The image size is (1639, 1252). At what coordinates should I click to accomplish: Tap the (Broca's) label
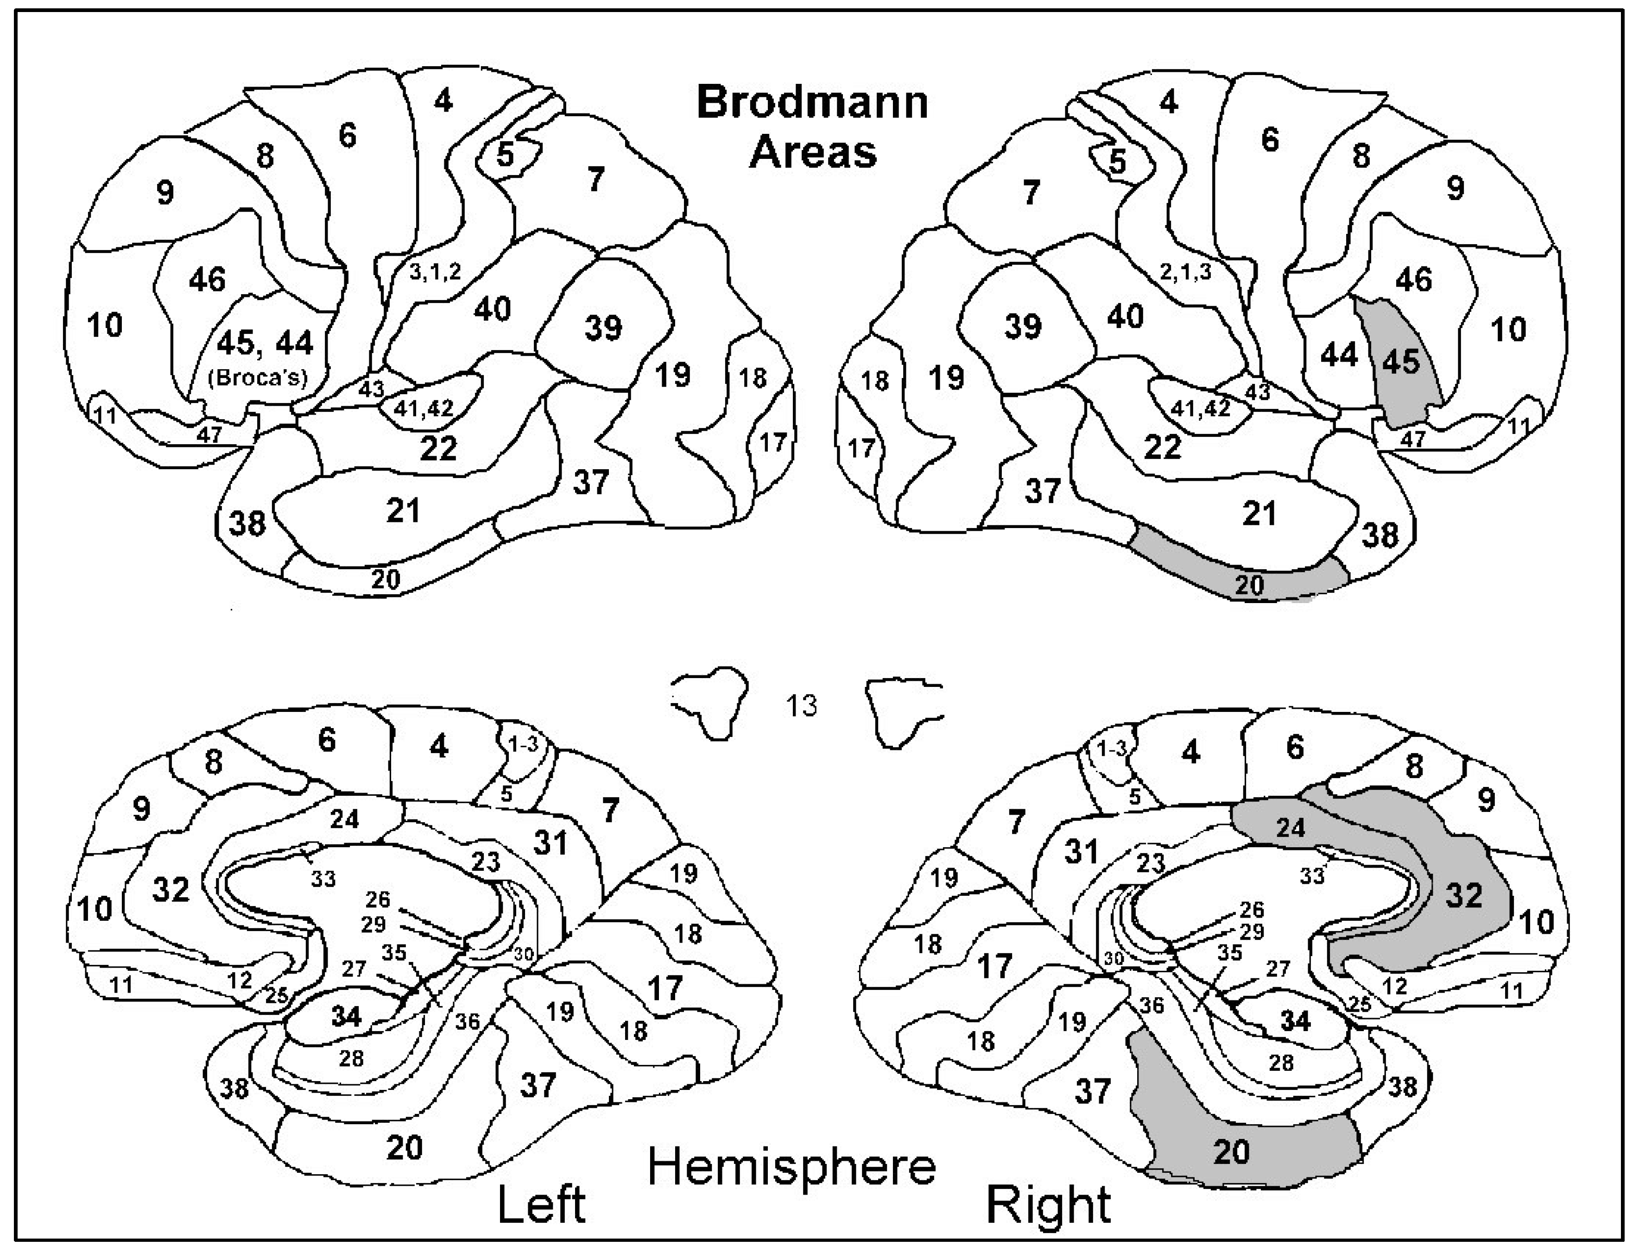(258, 378)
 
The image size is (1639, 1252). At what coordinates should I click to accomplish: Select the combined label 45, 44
(266, 343)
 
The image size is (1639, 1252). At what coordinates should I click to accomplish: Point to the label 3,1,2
(435, 272)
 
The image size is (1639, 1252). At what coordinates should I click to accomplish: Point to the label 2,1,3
(1185, 272)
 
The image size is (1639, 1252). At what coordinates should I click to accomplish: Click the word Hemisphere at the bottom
(791, 1167)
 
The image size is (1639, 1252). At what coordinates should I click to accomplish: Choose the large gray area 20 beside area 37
(1231, 1151)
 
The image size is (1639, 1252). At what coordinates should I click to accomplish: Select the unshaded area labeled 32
(171, 889)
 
